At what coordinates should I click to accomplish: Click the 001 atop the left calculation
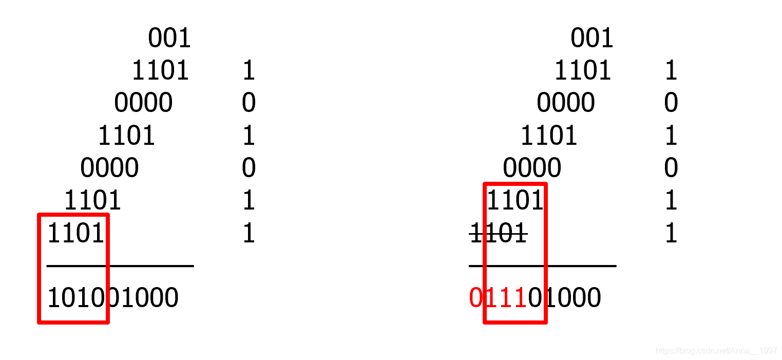169,38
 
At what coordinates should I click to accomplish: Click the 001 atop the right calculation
592,38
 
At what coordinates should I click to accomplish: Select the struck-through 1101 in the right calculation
498,234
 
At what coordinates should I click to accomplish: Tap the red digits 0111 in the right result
498,298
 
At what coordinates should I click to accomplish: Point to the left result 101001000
113,298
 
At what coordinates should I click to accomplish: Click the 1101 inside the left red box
76,234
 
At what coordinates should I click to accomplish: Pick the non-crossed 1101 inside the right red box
515,201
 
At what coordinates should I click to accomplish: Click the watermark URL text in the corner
717,351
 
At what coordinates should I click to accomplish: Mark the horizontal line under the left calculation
120,266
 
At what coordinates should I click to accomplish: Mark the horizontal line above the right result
542,266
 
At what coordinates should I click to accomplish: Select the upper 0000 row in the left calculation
143,103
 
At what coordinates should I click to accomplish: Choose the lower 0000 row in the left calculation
109,168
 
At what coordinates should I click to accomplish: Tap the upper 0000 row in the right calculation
566,103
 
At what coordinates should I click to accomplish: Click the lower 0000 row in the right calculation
532,168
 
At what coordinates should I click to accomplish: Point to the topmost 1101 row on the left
161,71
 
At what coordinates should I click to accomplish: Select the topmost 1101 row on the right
583,71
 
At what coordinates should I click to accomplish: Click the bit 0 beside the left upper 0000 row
249,103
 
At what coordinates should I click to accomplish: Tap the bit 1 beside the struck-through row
671,234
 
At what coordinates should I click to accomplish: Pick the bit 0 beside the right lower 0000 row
671,168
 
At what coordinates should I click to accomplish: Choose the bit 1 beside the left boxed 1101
249,234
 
